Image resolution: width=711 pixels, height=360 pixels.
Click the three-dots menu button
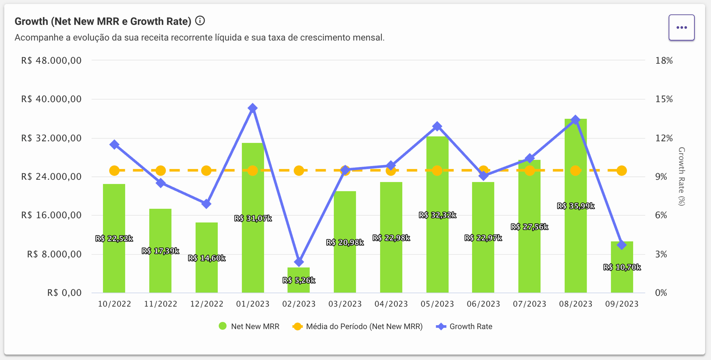pos(681,27)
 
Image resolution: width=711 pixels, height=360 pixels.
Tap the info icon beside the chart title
pos(200,21)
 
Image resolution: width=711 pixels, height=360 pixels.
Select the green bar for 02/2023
pos(299,273)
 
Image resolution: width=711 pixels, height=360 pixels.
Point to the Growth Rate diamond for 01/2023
pos(253,108)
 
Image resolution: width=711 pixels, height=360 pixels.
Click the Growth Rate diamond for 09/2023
pos(621,245)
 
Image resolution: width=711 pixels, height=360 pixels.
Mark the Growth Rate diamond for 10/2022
pos(114,145)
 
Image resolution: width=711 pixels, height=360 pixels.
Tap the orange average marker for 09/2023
pos(621,171)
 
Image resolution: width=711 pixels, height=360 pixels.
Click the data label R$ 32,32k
pos(437,215)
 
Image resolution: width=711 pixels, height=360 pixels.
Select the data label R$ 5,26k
pos(299,280)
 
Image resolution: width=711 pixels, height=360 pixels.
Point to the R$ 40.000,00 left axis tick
pos(51,99)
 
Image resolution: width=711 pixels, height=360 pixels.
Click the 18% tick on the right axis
pos(664,61)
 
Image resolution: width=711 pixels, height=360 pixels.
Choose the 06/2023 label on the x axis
pos(483,304)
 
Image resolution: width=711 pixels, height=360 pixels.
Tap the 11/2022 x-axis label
pos(160,304)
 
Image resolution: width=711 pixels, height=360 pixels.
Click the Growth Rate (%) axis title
pos(681,176)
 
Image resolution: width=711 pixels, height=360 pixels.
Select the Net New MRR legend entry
pos(249,326)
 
